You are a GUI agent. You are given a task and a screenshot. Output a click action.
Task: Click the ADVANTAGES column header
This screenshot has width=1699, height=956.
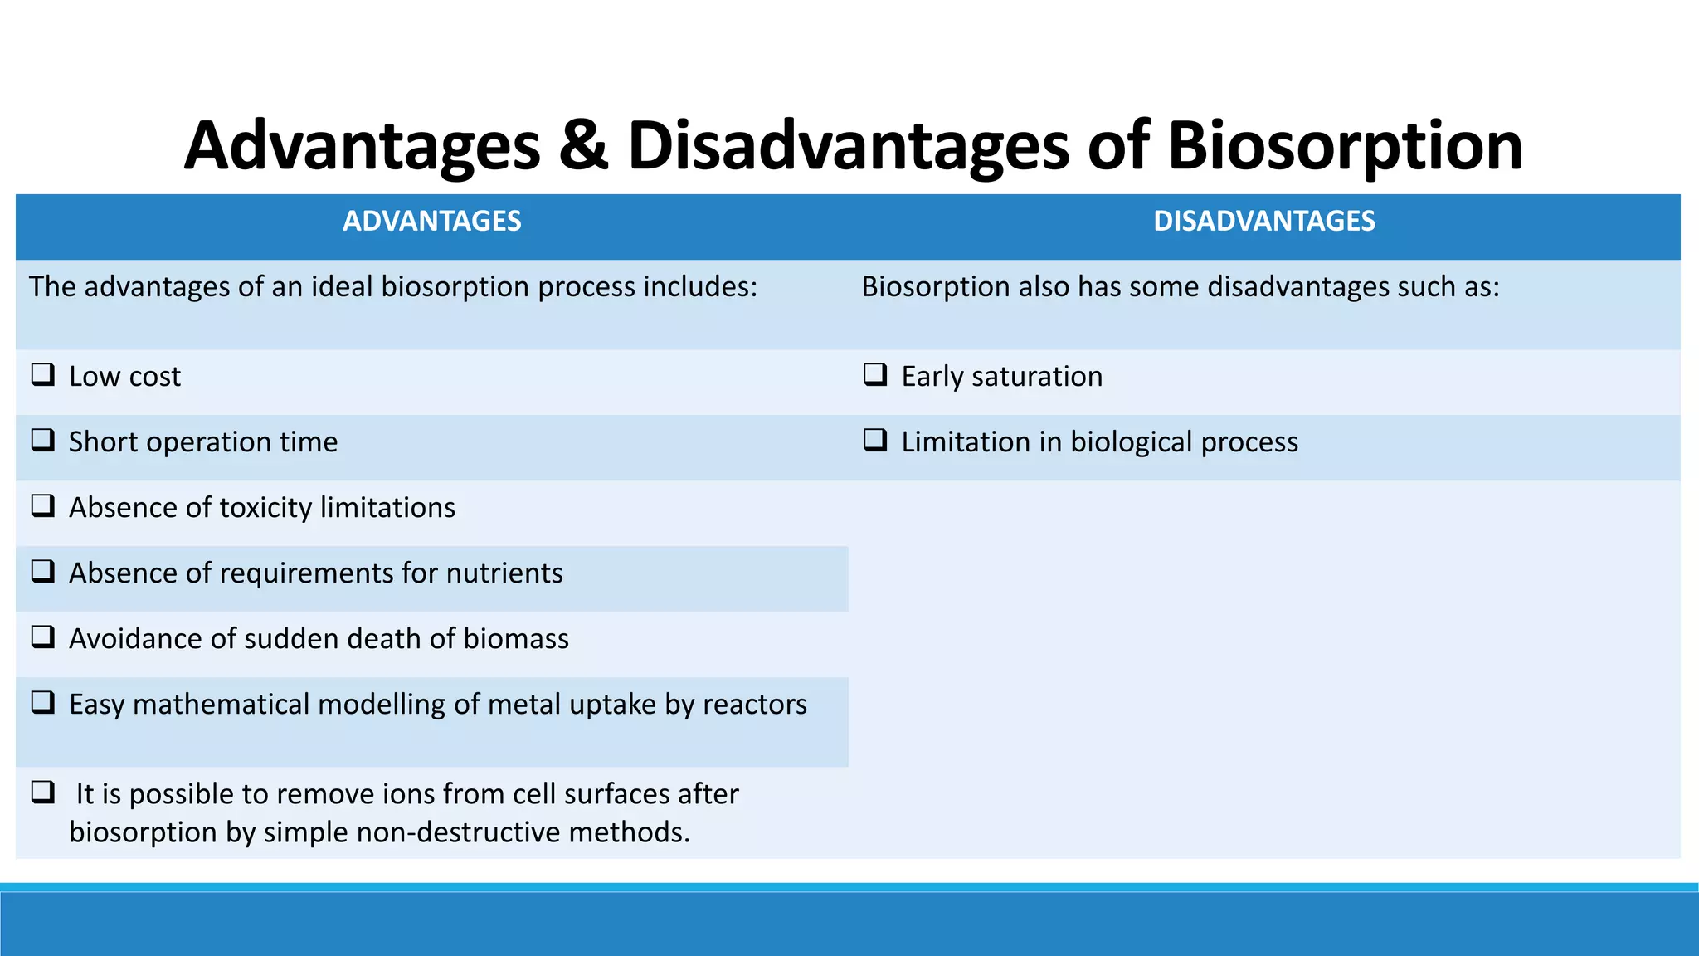[x=431, y=222]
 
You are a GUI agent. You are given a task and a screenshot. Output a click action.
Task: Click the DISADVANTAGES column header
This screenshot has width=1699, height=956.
[x=1263, y=222]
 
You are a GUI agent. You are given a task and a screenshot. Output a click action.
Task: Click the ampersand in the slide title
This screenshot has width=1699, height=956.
[x=583, y=146]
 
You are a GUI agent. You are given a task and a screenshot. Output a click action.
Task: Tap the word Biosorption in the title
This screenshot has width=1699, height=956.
[x=1345, y=146]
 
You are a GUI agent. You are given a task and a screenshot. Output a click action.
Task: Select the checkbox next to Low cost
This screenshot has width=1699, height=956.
[x=43, y=374]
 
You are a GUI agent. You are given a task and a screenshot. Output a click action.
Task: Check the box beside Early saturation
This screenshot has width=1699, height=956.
[x=875, y=374]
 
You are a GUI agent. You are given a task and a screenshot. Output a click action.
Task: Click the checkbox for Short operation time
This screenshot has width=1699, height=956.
[x=43, y=440]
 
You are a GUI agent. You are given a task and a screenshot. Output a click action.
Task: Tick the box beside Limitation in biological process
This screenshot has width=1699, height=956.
[x=875, y=440]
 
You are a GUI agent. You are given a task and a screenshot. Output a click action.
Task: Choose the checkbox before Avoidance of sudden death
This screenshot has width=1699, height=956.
[x=43, y=637]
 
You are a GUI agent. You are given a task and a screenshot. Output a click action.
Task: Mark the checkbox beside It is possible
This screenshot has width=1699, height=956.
[x=43, y=792]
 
